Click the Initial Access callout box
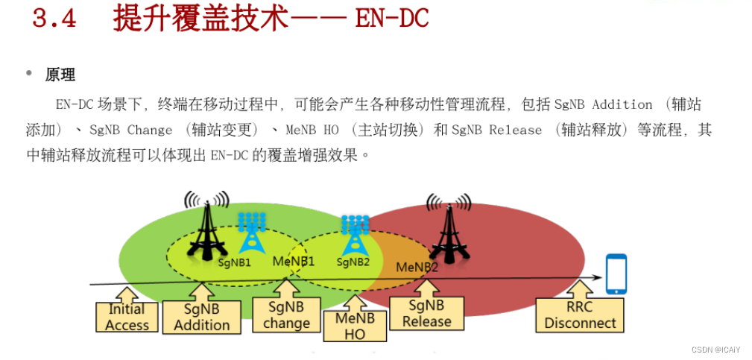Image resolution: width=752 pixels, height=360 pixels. pos(127,316)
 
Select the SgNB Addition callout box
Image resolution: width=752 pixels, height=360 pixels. pos(201,317)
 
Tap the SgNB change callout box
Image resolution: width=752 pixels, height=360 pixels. pos(286,315)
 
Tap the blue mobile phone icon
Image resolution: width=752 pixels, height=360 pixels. pos(616,274)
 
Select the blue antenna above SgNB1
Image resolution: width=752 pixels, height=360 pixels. pos(252,232)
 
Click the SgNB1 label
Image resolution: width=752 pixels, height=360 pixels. pos(235,262)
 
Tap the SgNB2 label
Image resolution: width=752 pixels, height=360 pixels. pos(353,262)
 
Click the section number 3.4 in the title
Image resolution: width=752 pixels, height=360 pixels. pos(54,18)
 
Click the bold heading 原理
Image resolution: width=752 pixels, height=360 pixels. pos(60,75)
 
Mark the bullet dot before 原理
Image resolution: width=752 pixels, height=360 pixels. pos(29,74)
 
